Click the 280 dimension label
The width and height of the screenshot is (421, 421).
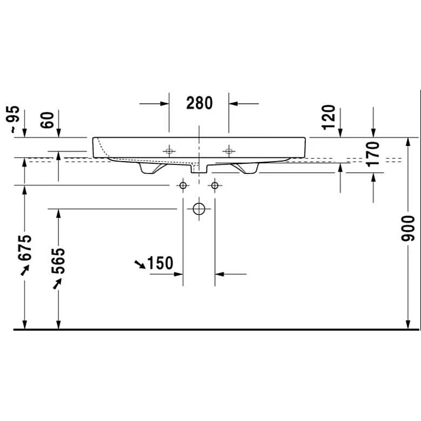[199, 103]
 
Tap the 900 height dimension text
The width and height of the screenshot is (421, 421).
[408, 228]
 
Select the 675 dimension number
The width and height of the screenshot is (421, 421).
[25, 248]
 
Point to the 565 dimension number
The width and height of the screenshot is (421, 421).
[58, 260]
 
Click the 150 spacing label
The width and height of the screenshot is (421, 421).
[161, 263]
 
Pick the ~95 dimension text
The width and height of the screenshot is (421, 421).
[12, 119]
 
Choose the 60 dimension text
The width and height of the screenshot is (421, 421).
[47, 120]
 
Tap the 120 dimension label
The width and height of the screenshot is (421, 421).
[328, 117]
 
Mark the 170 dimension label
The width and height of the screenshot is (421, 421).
[373, 154]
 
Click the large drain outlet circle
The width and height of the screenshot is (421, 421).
[199, 209]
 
